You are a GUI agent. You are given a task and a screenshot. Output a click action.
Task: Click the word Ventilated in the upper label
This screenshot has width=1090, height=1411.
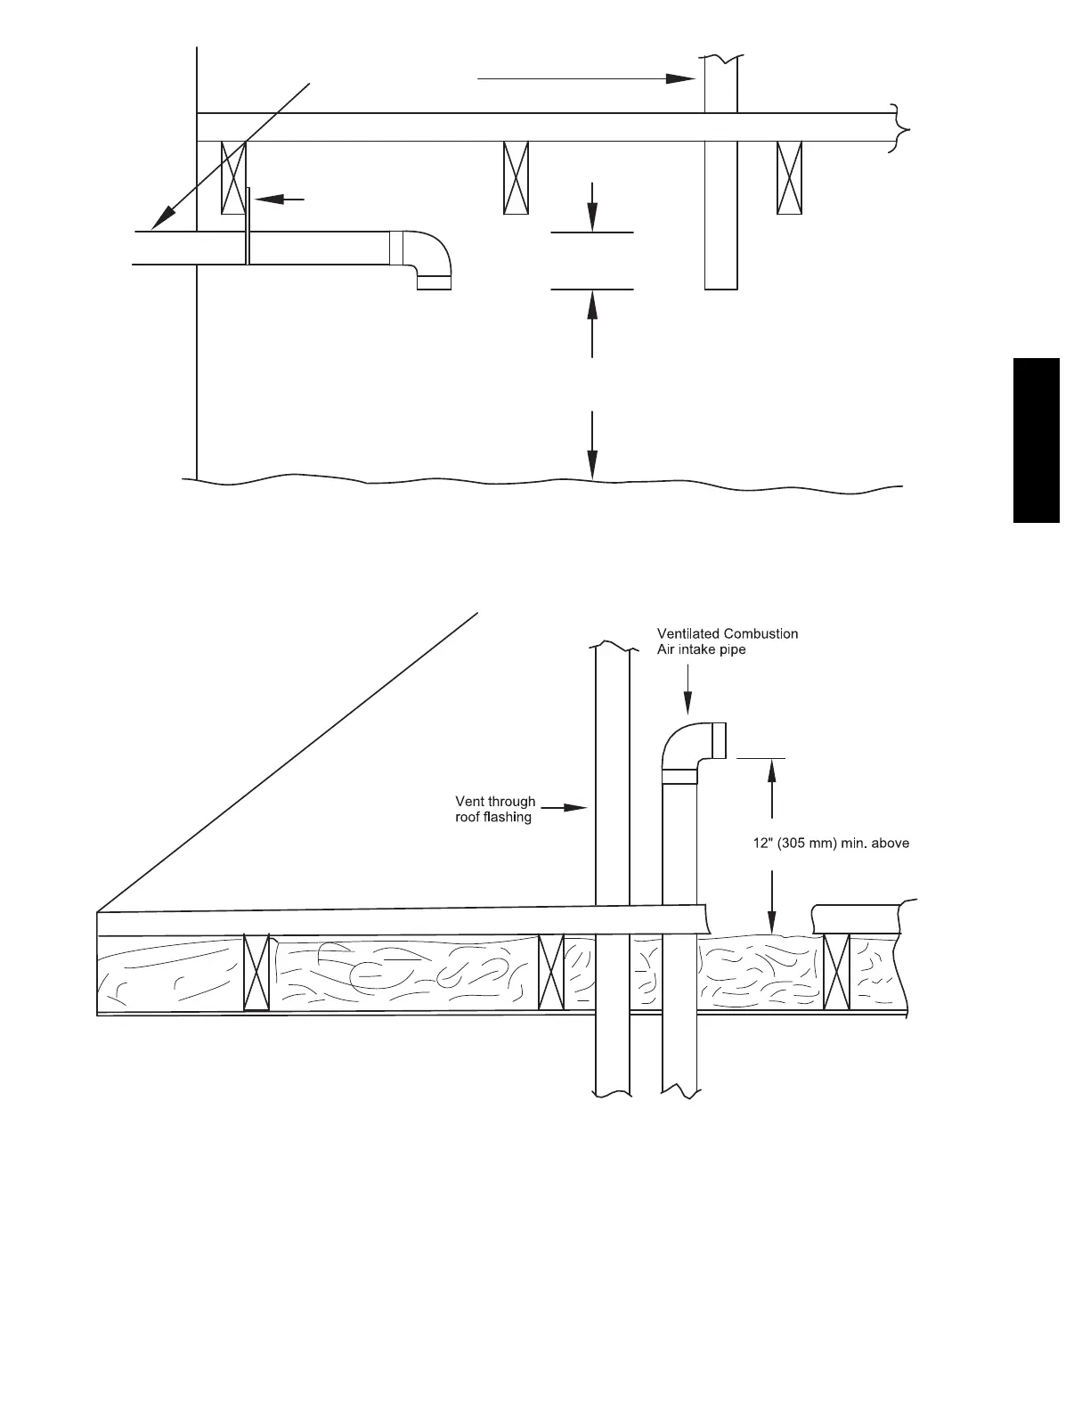tap(687, 634)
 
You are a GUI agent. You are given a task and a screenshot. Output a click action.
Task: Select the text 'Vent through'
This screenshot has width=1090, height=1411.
tap(495, 802)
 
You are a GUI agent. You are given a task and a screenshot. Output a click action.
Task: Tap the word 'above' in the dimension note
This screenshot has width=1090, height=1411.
tap(890, 843)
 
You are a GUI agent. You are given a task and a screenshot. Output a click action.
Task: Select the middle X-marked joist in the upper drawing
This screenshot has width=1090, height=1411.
tap(517, 177)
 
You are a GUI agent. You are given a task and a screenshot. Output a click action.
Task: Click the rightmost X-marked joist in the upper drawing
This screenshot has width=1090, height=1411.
tap(789, 177)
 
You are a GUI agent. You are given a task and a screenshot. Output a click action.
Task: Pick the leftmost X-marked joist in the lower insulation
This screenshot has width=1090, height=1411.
tap(256, 973)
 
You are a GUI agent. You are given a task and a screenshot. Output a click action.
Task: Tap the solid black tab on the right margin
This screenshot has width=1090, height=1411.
tap(1036, 440)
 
